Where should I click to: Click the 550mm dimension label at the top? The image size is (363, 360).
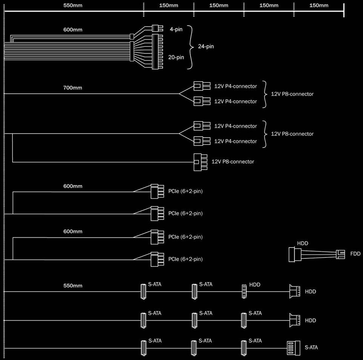tap(73, 5)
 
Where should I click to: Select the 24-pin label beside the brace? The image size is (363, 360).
tap(206, 46)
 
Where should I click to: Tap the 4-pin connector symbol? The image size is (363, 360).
tap(157, 28)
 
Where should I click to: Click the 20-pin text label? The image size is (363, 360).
tap(176, 57)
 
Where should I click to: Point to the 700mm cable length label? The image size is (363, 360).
tap(73, 88)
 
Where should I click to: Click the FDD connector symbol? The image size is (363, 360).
tap(340, 254)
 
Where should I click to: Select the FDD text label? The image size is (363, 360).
tap(355, 254)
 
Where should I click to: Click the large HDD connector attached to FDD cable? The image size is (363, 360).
tap(295, 255)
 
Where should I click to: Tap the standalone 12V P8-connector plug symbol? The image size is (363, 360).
tap(200, 162)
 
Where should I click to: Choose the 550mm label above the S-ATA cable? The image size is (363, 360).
tap(73, 286)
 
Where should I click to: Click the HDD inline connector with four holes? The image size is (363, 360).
tap(244, 291)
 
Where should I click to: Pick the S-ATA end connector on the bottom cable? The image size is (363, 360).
tap(294, 348)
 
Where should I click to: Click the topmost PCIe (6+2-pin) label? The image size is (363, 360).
tap(185, 191)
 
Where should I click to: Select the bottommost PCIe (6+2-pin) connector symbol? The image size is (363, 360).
tap(157, 259)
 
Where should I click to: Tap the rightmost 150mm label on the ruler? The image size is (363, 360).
tap(319, 5)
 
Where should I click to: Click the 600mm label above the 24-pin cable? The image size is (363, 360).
tap(73, 30)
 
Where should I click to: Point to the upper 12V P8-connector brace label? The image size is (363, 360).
tap(292, 94)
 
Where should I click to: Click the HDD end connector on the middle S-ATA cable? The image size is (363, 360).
tap(295, 320)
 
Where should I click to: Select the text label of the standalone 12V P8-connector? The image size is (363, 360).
tap(233, 162)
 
